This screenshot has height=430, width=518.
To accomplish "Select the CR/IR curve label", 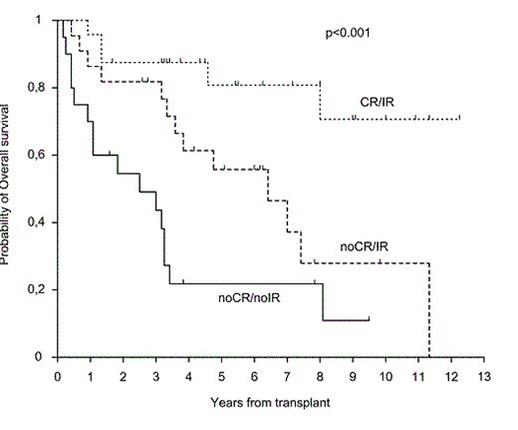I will pyautogui.click(x=380, y=102).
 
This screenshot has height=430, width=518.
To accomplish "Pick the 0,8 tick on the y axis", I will pyautogui.click(x=43, y=88).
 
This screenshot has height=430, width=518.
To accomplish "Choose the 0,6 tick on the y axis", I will pyautogui.click(x=43, y=155).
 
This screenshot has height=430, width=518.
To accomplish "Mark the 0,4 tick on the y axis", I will pyautogui.click(x=43, y=222).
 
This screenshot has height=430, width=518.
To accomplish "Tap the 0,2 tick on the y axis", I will pyautogui.click(x=43, y=289).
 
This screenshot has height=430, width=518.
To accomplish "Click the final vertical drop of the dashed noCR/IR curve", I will pyautogui.click(x=429, y=309).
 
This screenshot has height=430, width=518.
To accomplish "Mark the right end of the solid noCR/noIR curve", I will pyautogui.click(x=370, y=320).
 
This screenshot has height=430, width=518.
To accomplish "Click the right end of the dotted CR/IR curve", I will pyautogui.click(x=459, y=118).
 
